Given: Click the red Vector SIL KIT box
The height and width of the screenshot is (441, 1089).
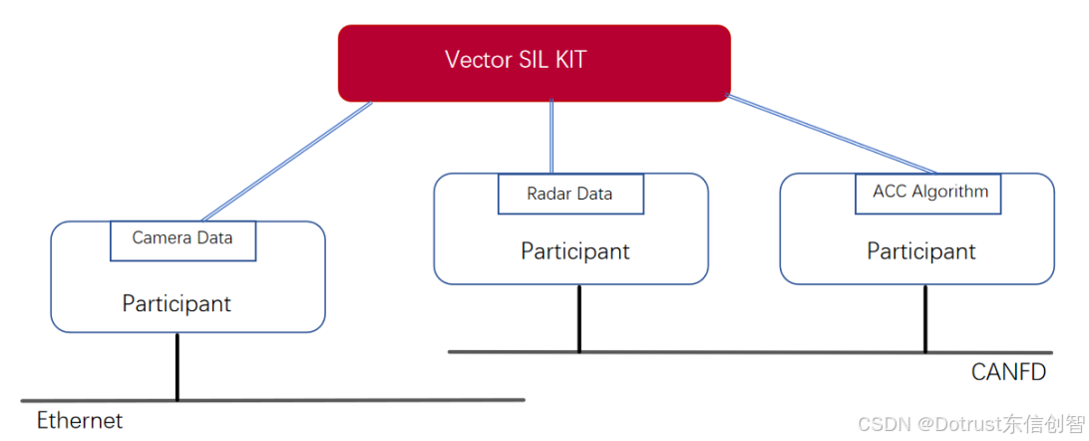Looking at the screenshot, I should (x=534, y=63).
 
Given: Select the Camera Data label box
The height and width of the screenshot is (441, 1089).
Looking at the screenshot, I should (x=182, y=239).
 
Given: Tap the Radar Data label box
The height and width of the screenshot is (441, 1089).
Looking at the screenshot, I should (x=569, y=194).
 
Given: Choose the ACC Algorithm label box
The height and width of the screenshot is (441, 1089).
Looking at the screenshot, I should (x=929, y=192).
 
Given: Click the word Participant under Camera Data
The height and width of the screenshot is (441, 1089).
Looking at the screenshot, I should (x=177, y=303).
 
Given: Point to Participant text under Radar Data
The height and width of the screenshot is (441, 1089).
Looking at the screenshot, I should (x=574, y=251).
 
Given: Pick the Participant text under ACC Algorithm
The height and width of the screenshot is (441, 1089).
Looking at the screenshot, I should (x=920, y=251).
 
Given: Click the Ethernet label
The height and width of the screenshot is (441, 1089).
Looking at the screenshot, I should (x=80, y=420).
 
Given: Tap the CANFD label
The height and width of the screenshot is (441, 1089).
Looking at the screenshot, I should (x=1008, y=372).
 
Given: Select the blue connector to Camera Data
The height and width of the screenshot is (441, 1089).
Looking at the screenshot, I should (x=287, y=161).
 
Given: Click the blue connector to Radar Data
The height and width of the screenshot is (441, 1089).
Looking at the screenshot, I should (x=551, y=137).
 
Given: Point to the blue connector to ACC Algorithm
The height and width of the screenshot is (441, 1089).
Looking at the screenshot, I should (x=833, y=135).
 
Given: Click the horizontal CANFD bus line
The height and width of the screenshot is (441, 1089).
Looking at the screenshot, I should (x=748, y=352).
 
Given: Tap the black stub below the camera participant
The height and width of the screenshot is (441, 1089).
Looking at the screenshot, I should (x=178, y=366).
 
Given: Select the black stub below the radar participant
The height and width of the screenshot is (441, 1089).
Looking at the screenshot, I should (x=578, y=318).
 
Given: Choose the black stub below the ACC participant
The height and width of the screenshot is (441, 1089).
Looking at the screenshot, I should (x=924, y=318).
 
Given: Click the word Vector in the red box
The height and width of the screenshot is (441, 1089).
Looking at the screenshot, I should (x=476, y=60).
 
